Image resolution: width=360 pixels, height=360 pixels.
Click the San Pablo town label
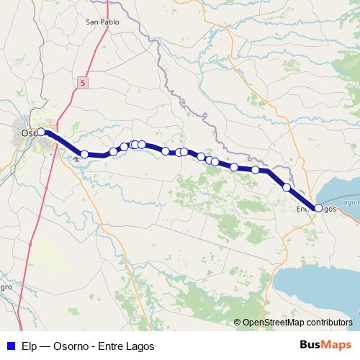(102, 22)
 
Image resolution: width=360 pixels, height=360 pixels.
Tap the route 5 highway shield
(84, 84)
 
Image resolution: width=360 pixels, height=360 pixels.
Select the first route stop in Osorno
(41, 132)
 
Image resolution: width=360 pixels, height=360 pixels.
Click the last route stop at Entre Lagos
(318, 208)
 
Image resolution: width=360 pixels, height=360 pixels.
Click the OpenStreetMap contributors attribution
(296, 323)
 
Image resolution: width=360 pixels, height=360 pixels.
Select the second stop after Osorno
(113, 151)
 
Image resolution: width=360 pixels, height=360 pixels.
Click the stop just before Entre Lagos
(287, 187)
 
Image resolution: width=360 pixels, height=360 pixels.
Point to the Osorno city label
(30, 132)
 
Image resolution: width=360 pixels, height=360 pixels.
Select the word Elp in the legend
(30, 346)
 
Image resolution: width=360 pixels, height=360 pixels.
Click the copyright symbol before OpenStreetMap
(238, 323)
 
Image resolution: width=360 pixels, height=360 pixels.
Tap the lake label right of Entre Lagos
(348, 204)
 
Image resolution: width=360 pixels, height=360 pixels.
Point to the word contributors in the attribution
(327, 323)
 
